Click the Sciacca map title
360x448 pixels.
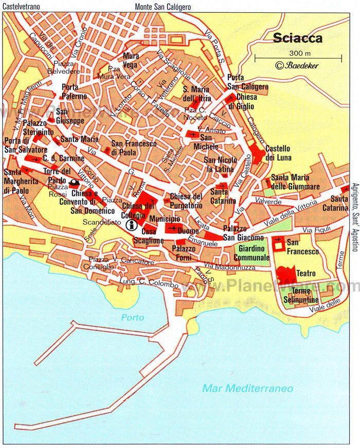(298, 38)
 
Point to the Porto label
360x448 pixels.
(133, 317)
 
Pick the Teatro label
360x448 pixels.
(306, 273)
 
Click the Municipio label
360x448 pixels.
(165, 219)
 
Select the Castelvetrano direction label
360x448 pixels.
(23, 7)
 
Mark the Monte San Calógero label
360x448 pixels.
(163, 7)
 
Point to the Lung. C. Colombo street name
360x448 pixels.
(140, 281)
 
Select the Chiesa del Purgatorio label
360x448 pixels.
(186, 200)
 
